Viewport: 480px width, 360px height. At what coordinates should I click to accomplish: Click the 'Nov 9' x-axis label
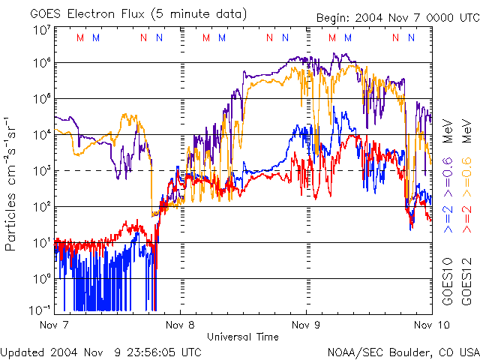(306, 325)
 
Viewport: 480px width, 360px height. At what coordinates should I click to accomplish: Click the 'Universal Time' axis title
(243, 337)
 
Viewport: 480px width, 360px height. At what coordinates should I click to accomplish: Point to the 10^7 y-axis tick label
(42, 30)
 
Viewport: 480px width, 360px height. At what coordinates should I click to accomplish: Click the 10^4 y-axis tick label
(42, 135)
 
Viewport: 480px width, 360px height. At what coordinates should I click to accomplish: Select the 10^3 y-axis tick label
(42, 171)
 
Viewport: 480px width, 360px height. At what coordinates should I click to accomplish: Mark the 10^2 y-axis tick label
(42, 207)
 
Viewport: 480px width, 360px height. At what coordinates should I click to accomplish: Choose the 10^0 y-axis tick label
(42, 279)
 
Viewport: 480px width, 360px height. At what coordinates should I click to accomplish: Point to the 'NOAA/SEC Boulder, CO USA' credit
(403, 352)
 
